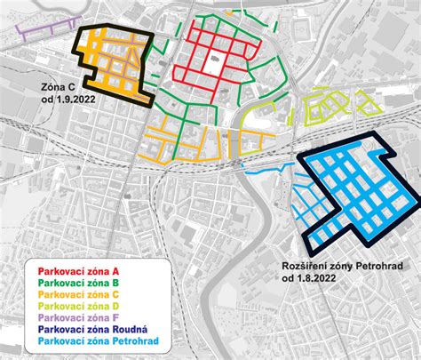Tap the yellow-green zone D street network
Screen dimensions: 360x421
point(329,108)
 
